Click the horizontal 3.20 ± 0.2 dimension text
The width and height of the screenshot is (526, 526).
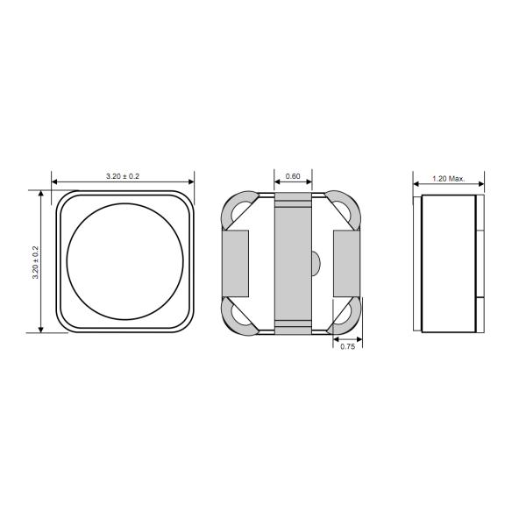click(123, 176)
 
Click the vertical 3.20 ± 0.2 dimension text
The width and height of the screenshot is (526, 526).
click(36, 261)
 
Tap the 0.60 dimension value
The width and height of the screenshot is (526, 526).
click(293, 176)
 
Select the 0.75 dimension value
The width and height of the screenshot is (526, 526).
click(346, 347)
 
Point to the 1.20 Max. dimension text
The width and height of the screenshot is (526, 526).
click(448, 178)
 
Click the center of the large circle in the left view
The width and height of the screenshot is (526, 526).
click(124, 261)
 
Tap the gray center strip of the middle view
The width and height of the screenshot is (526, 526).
click(293, 263)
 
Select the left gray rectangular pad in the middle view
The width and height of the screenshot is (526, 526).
click(234, 261)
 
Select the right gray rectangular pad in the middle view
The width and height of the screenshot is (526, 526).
click(348, 261)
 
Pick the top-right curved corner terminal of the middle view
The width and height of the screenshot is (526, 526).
click(347, 209)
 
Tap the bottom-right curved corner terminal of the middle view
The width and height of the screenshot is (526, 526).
click(347, 316)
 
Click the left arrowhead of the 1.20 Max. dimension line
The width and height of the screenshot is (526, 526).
click(417, 184)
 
